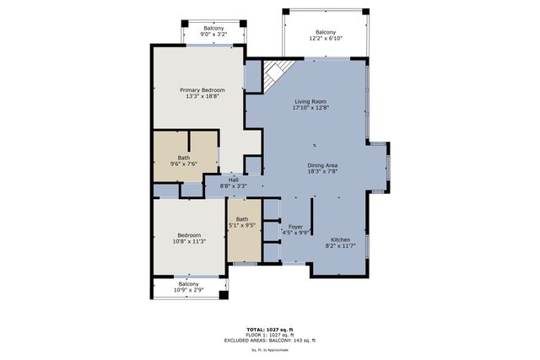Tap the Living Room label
pos(310,101)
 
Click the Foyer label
pos(295,227)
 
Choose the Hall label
pos(233,179)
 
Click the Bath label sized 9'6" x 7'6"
pos(183,157)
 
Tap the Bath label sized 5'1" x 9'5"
pos(242,219)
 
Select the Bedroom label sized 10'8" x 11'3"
pos(188,235)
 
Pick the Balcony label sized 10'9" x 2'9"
pos(187,284)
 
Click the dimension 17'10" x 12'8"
pos(310,108)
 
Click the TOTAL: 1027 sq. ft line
pos(269,330)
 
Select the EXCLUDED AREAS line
pos(269,340)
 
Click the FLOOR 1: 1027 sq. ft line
pos(269,335)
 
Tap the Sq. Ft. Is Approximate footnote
pos(269,349)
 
